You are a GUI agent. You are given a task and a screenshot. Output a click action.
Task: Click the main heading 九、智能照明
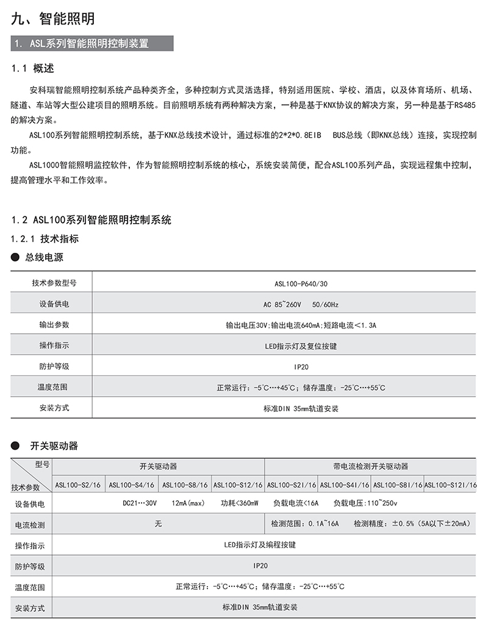(x=53, y=18)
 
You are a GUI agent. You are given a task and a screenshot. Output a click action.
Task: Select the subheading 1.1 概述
(x=37, y=68)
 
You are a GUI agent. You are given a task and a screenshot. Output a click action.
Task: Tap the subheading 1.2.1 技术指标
(x=45, y=238)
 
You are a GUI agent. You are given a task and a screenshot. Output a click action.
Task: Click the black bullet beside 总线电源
(x=15, y=258)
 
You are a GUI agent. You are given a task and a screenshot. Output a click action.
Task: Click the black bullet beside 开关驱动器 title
(x=15, y=445)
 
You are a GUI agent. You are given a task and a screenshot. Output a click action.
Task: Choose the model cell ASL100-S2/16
(x=79, y=485)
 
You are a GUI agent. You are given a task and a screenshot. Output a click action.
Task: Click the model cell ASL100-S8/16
(x=185, y=485)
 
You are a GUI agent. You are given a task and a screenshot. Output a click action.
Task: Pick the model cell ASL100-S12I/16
(x=450, y=485)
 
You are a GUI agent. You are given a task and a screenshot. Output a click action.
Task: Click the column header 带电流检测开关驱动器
(x=371, y=466)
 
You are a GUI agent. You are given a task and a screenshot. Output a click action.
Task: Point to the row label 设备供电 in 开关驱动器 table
(x=30, y=504)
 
